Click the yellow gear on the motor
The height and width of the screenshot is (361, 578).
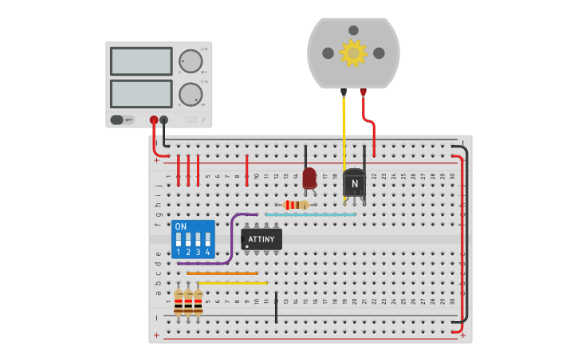(353, 53)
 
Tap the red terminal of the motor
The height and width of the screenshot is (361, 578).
(364, 92)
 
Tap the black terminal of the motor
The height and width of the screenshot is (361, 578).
(344, 92)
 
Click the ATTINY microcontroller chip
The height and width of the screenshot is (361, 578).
(261, 239)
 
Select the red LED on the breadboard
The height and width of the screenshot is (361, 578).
(309, 177)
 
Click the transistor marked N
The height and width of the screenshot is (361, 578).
(354, 183)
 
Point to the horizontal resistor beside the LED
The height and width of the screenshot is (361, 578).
(296, 205)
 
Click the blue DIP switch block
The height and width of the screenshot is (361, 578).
(192, 239)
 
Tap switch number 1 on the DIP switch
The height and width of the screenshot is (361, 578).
(179, 239)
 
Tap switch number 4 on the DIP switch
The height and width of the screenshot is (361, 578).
(207, 239)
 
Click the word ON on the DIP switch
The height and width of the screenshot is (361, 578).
(181, 226)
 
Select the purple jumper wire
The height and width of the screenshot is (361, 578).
(231, 239)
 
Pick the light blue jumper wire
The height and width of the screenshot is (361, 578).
(311, 214)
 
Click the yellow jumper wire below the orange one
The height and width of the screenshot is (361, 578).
(233, 283)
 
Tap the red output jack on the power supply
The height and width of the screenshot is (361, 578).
(154, 120)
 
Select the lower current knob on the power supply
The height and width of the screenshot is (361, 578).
(190, 93)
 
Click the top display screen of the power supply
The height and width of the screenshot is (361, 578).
(141, 61)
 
